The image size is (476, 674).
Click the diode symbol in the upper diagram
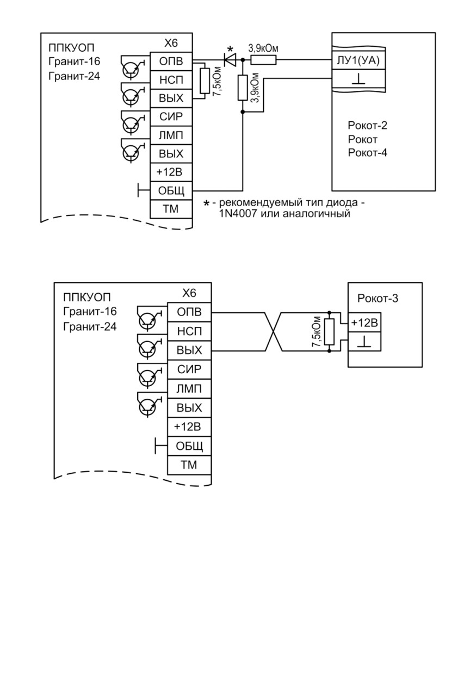pyautogui.click(x=230, y=60)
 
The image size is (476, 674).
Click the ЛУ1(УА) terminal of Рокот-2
pyautogui.click(x=358, y=60)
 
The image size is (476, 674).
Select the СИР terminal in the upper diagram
pyautogui.click(x=171, y=117)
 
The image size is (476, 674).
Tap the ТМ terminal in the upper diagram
pyautogui.click(x=171, y=209)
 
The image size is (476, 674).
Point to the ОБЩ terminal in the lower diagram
pyautogui.click(x=189, y=446)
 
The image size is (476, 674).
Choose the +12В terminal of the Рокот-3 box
pyautogui.click(x=364, y=323)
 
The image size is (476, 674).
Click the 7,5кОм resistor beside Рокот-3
pyautogui.click(x=330, y=332)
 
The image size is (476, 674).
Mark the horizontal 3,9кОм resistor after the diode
pyautogui.click(x=264, y=60)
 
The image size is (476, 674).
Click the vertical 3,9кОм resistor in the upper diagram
pyautogui.click(x=243, y=88)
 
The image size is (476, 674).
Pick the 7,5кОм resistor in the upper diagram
pyautogui.click(x=205, y=81)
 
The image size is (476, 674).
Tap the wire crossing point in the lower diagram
pyautogui.click(x=274, y=332)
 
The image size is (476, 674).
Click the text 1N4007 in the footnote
pyautogui.click(x=237, y=214)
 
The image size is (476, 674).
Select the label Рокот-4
pyautogui.click(x=367, y=153)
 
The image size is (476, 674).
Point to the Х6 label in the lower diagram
pyautogui.click(x=189, y=293)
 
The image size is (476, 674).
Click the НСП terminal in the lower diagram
pyautogui.click(x=189, y=331)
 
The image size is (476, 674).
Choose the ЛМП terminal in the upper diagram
pyautogui.click(x=171, y=135)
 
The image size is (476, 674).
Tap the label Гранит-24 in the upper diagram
pyautogui.click(x=74, y=76)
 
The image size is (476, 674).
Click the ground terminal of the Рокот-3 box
pyautogui.click(x=364, y=342)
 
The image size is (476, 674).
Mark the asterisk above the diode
pyautogui.click(x=230, y=49)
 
